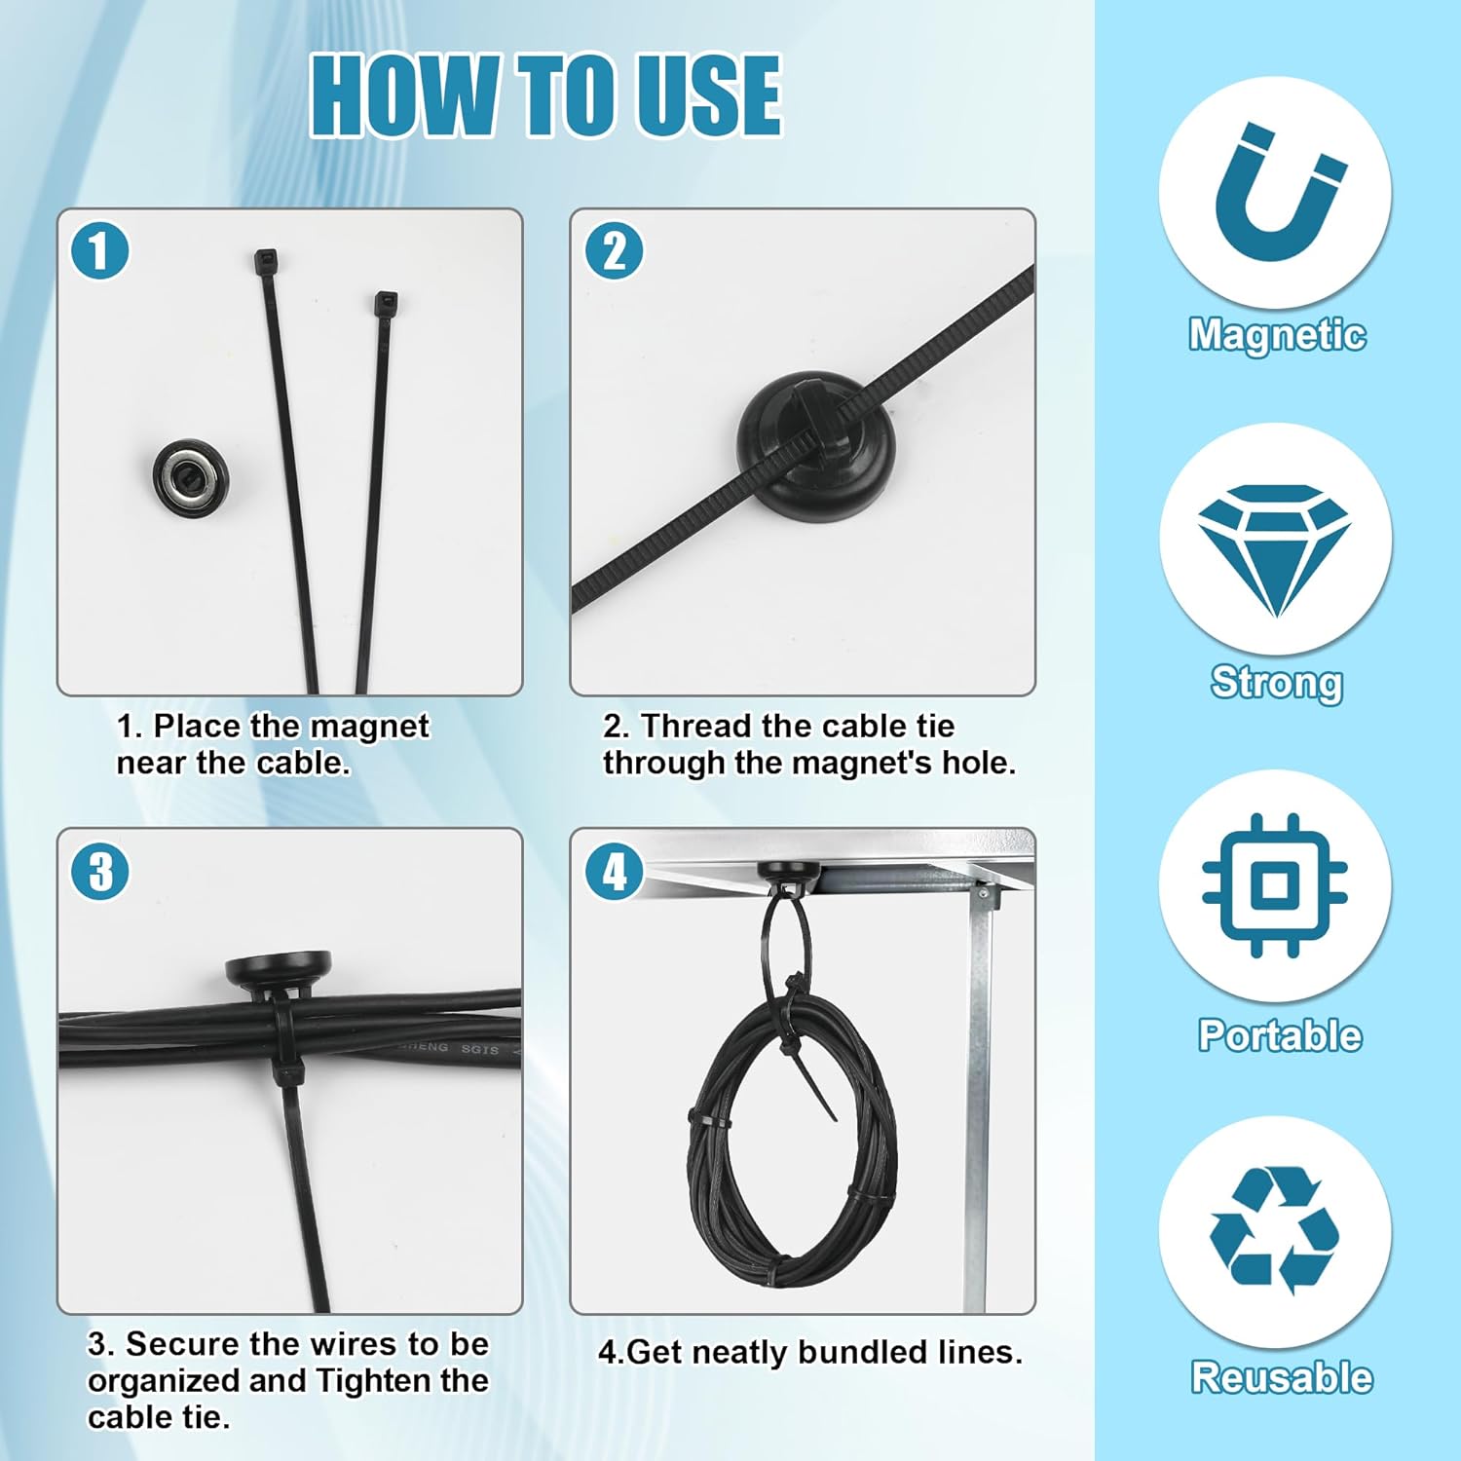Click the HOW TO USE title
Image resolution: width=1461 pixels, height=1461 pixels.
tap(545, 94)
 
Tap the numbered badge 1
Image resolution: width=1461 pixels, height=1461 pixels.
tap(99, 250)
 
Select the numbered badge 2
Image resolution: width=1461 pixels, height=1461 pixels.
tap(614, 250)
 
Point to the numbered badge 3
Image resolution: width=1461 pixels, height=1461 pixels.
tap(100, 871)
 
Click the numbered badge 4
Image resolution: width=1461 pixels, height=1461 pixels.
tap(614, 871)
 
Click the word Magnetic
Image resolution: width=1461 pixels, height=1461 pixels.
tap(1276, 334)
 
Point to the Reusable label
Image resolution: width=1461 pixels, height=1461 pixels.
tap(1281, 1377)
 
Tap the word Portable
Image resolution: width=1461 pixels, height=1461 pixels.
tap(1279, 1034)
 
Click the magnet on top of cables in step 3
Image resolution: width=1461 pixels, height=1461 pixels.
tap(278, 970)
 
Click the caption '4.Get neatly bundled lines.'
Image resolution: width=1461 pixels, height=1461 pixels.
tap(809, 1352)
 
